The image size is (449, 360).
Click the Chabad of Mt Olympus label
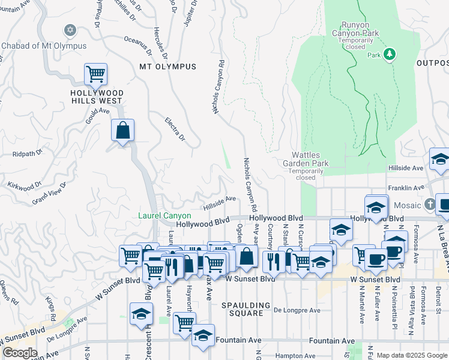tap(44, 46)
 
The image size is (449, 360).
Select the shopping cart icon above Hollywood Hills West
tap(95, 74)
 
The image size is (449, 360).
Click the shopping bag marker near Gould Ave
tap(122, 130)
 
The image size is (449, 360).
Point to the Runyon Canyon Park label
tap(360, 29)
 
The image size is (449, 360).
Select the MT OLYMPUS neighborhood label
tap(167, 67)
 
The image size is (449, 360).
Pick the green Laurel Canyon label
tap(164, 215)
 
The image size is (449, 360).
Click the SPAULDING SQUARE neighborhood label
tap(242, 309)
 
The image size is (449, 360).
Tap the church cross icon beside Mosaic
tap(429, 204)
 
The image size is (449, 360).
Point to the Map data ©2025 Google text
tap(411, 355)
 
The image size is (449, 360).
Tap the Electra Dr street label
tap(175, 130)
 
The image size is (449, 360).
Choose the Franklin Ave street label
tap(402, 188)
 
